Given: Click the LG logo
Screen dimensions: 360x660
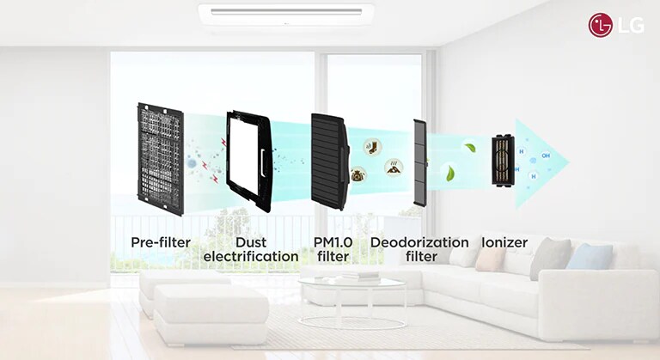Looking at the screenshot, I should pyautogui.click(x=611, y=25).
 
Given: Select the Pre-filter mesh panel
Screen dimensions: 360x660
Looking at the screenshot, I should pyautogui.click(x=160, y=159).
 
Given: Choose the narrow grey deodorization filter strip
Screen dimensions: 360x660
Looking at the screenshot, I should pyautogui.click(x=419, y=162).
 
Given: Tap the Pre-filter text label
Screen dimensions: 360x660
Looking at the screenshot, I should pyautogui.click(x=161, y=242).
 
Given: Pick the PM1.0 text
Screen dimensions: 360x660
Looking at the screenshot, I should pyautogui.click(x=333, y=242).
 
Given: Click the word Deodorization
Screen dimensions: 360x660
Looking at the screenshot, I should pyautogui.click(x=419, y=242).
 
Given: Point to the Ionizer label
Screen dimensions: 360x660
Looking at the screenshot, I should pyautogui.click(x=504, y=242).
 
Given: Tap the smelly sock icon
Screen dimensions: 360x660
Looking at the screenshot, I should pyautogui.click(x=371, y=147).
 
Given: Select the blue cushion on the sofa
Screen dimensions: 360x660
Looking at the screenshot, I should pyautogui.click(x=590, y=256).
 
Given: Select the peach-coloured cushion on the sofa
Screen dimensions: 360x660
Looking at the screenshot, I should pyautogui.click(x=490, y=259).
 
